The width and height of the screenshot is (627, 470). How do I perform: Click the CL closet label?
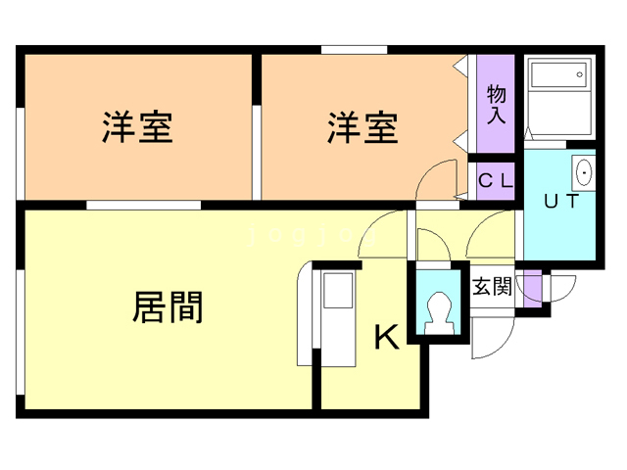point(495,181)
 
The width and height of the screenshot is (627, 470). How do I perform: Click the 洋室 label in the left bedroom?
point(137,128)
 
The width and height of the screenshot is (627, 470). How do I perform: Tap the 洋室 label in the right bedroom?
point(362,128)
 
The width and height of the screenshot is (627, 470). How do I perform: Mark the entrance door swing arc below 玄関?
point(490,338)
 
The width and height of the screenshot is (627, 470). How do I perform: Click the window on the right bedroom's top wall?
point(354,49)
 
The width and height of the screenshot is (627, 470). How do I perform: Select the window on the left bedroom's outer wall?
point(21,147)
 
